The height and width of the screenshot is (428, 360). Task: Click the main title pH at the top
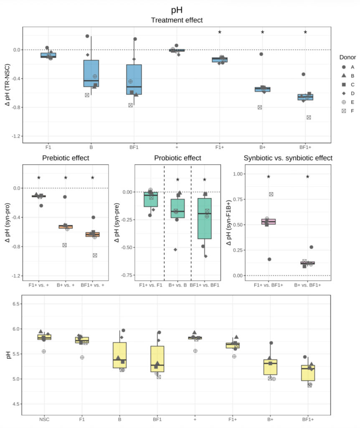pos(177,10)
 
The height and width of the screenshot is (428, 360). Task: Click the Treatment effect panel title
pos(177,20)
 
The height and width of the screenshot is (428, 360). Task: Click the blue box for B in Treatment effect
pos(91,74)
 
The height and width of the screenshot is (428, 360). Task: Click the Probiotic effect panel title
pos(177,158)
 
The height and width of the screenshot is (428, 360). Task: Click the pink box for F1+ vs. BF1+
pos(268,222)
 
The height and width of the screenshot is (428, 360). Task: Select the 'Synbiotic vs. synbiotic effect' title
pos(288,158)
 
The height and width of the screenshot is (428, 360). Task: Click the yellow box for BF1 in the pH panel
pos(157,359)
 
